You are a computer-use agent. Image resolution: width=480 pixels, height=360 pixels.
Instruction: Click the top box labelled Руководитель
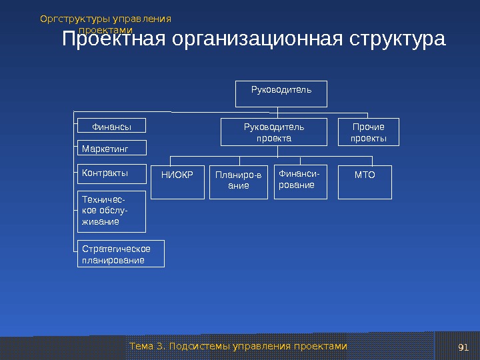click(x=281, y=93)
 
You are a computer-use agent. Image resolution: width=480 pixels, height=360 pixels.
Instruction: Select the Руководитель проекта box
click(x=274, y=132)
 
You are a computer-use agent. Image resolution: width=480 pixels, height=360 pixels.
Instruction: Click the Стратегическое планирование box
click(x=121, y=254)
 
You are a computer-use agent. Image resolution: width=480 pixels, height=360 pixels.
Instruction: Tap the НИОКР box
click(x=177, y=182)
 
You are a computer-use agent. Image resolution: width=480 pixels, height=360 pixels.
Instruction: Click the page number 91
click(x=464, y=347)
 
